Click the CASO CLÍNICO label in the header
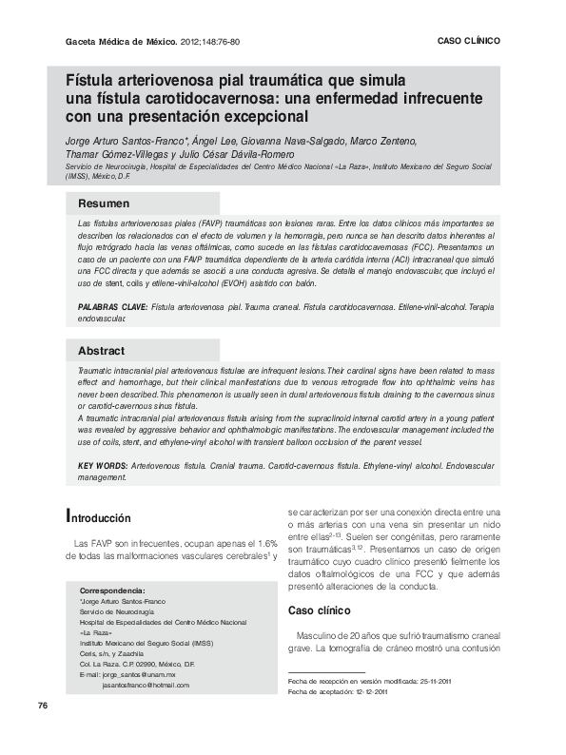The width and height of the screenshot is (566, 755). (468, 42)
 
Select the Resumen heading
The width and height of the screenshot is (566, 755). (104, 203)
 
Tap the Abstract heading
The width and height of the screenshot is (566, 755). (102, 351)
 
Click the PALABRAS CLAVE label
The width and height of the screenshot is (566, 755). (112, 308)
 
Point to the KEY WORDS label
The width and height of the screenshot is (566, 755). (103, 466)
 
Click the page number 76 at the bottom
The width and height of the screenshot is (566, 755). (43, 731)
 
